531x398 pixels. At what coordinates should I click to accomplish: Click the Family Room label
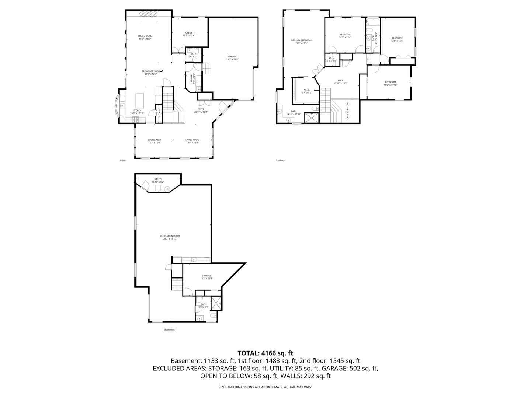[145, 36]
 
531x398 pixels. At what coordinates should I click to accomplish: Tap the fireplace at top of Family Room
[147, 14]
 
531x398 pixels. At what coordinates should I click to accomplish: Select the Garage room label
[232, 56]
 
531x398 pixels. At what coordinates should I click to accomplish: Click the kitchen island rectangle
[139, 99]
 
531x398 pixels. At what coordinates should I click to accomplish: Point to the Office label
[189, 33]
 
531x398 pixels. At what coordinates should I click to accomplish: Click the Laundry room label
[191, 78]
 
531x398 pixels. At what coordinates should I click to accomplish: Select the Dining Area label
[154, 140]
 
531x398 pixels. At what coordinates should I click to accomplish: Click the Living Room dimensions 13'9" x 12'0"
[192, 143]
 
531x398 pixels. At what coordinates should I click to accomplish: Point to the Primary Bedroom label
[301, 41]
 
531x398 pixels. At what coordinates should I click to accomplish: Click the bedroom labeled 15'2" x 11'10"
[390, 82]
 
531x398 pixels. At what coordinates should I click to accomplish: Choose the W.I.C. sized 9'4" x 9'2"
[306, 90]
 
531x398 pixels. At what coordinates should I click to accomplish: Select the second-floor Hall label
[340, 80]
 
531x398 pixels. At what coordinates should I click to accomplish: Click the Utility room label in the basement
[158, 179]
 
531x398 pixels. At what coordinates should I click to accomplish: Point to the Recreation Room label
[170, 236]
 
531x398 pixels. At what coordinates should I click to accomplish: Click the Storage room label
[206, 276]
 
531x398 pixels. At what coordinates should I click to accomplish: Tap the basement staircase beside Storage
[177, 284]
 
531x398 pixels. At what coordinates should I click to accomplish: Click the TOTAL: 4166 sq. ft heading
[265, 353]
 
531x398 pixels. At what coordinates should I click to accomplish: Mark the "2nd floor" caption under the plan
[280, 160]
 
